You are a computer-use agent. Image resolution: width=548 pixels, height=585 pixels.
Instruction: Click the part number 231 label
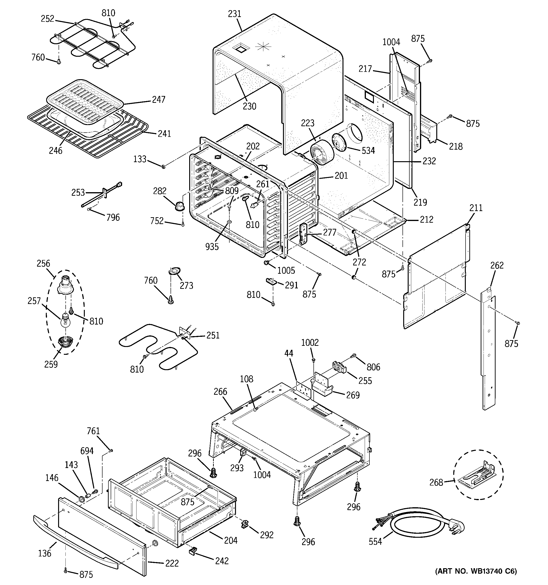coord(235,14)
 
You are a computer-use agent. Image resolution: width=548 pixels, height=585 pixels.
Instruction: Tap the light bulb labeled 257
coord(66,320)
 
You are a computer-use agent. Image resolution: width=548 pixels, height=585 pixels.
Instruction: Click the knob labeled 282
coord(180,205)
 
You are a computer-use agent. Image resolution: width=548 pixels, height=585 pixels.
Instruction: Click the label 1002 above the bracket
coord(310,342)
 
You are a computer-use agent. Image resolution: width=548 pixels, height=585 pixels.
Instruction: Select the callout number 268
coord(436,483)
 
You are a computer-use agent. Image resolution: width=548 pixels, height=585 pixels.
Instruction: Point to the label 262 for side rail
coord(497,265)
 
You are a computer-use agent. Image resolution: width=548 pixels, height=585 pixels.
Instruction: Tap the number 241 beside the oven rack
coord(164,134)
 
